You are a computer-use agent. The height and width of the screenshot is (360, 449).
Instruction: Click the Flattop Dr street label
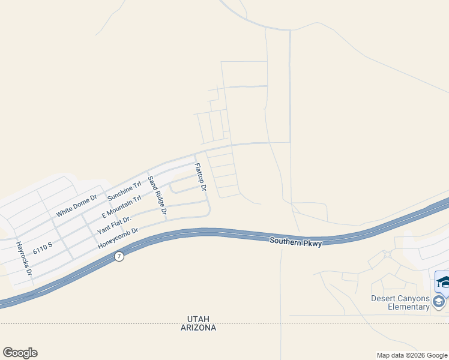click(x=200, y=177)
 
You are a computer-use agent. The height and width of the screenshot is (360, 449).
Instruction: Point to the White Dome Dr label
click(x=76, y=206)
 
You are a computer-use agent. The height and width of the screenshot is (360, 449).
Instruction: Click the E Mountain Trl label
click(x=121, y=207)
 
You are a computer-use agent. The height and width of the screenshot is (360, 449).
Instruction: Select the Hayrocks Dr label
click(x=24, y=259)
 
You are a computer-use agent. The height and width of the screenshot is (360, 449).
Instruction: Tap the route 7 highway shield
click(x=119, y=257)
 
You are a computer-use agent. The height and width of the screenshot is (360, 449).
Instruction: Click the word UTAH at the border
click(x=198, y=318)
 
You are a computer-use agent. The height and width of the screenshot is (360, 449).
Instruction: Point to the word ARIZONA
click(x=198, y=328)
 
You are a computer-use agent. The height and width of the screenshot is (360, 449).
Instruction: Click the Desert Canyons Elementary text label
click(x=400, y=302)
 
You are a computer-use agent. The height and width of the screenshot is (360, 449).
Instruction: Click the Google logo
click(x=20, y=353)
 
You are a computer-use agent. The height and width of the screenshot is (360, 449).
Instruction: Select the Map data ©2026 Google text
click(x=412, y=355)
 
